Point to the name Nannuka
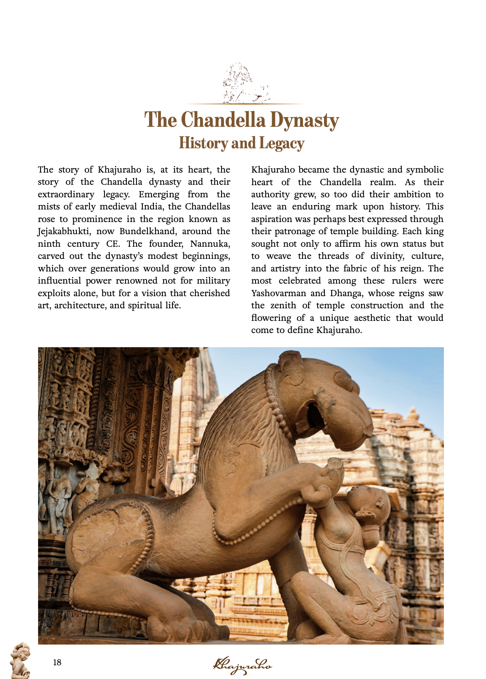[x=210, y=244]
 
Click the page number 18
[x=57, y=662]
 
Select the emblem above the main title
[x=245, y=83]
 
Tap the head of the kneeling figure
[x=367, y=502]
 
